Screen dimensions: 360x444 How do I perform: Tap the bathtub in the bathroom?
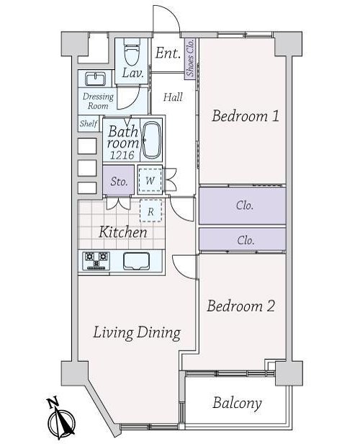pyautogui.click(x=151, y=141)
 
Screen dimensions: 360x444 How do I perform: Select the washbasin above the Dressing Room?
pyautogui.click(x=96, y=79)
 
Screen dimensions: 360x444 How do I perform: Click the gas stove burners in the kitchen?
pyautogui.click(x=96, y=260)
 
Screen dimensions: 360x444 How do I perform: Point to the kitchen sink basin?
pyautogui.click(x=136, y=261)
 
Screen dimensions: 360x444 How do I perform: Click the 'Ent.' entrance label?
pyautogui.click(x=168, y=53)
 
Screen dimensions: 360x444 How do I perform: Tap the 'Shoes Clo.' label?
pyautogui.click(x=190, y=58)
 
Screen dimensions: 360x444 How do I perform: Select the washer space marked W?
pyautogui.click(x=150, y=180)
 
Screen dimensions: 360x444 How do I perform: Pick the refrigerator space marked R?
pyautogui.click(x=151, y=211)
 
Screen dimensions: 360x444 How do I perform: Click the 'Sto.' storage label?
pyautogui.click(x=119, y=182)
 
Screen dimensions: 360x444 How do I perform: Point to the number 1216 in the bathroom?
pyautogui.click(x=122, y=155)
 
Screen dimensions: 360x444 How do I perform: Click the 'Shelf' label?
pyautogui.click(x=89, y=123)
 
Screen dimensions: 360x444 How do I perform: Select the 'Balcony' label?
pyautogui.click(x=237, y=403)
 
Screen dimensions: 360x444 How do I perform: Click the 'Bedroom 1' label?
pyautogui.click(x=246, y=116)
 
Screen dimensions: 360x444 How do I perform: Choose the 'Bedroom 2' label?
pyautogui.click(x=240, y=306)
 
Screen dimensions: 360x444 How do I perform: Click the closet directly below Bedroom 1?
pyautogui.click(x=243, y=205)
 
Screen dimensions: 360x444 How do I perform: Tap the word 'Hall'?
pyautogui.click(x=173, y=97)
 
